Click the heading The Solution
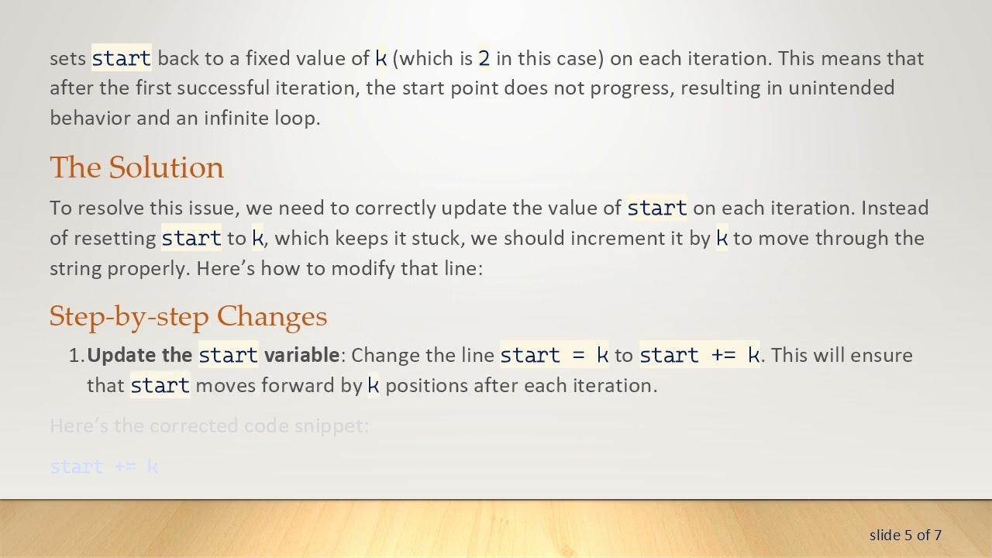click(136, 167)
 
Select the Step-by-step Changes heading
click(188, 316)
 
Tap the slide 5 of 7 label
click(905, 535)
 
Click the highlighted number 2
click(484, 58)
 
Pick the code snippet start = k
click(554, 355)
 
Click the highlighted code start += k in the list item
click(699, 355)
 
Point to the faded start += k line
click(104, 467)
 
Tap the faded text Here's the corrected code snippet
click(209, 425)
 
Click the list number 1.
click(76, 355)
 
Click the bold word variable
click(301, 355)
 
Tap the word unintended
click(841, 88)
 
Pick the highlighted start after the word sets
click(122, 58)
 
